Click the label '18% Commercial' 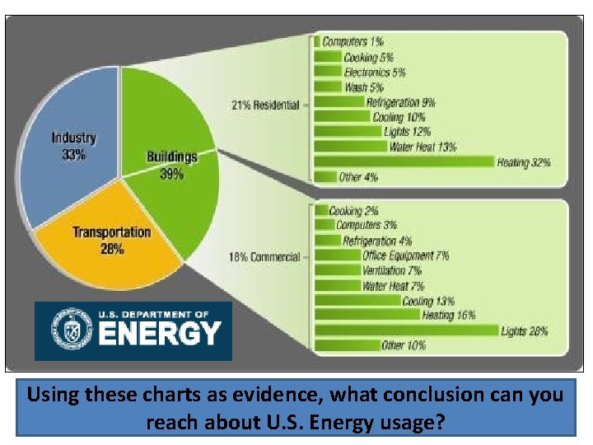[x=264, y=257]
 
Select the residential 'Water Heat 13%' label [x=423, y=147]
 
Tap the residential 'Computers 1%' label [x=353, y=41]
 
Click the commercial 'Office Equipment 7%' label [x=405, y=255]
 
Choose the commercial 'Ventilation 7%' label [x=391, y=270]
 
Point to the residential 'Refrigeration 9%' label [x=400, y=103]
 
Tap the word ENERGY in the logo [x=160, y=335]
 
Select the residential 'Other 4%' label [x=359, y=176]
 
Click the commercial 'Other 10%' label [x=404, y=346]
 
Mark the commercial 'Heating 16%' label [x=448, y=316]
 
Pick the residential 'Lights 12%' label [x=407, y=132]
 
